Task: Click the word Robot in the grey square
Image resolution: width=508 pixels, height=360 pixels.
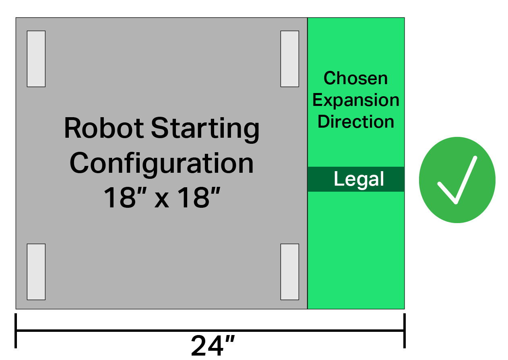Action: point(104,128)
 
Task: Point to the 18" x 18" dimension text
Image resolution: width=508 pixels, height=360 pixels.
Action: point(162,197)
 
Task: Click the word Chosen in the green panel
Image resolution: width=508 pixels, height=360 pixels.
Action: point(355,78)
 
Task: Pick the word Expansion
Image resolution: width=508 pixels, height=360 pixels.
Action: point(356,100)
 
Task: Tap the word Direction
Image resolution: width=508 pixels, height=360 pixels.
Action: point(356,122)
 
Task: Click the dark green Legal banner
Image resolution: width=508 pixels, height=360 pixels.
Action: point(356,179)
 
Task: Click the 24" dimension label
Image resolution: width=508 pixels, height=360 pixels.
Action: point(213,346)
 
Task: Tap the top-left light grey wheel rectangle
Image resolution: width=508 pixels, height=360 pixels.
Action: point(36,59)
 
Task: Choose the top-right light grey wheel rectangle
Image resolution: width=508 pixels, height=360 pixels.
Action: point(289,59)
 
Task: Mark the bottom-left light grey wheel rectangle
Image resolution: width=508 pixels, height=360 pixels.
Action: point(36,272)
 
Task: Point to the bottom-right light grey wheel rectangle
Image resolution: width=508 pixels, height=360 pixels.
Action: point(289,272)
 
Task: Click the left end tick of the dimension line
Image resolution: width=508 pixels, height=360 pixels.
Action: point(16,331)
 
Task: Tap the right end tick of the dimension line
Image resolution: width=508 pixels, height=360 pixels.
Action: point(405,331)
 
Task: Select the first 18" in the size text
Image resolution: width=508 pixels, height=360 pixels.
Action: point(125,197)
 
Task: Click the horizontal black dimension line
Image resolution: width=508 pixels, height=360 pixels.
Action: point(210,331)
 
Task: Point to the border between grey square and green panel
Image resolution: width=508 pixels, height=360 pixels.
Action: point(308,163)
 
